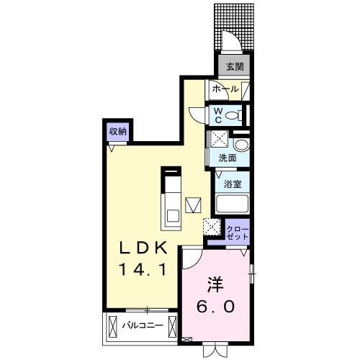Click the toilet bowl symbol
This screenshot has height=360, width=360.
tap(233, 114)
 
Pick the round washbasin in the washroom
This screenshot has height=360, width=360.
tap(240, 145)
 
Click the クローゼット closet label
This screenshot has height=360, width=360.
tap(238, 231)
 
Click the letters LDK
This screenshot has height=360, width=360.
tap(143, 248)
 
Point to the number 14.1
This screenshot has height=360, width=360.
tap(143, 271)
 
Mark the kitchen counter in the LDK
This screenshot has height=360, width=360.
tap(173, 199)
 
